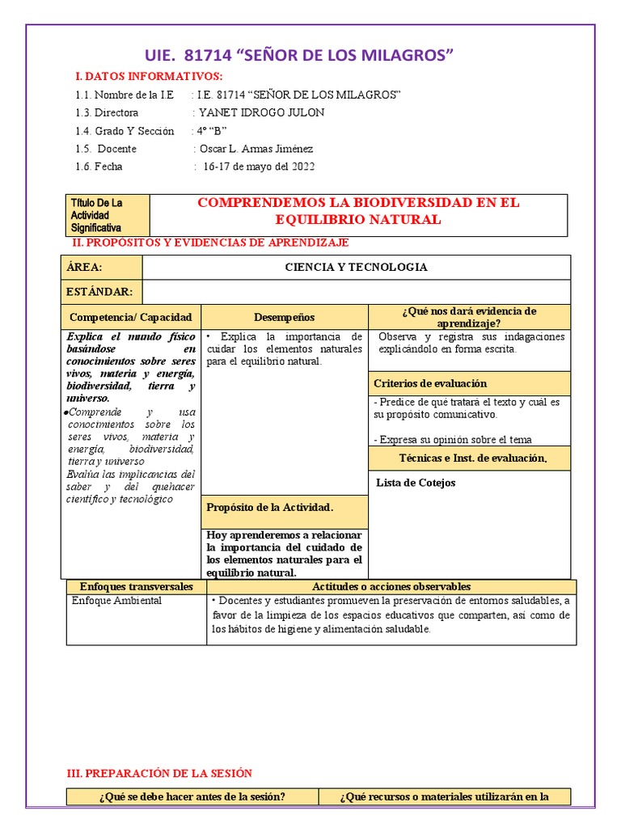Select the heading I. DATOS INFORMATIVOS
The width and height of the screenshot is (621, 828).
(x=148, y=76)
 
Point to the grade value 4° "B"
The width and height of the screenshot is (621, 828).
(x=211, y=131)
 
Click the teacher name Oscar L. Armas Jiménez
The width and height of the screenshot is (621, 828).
(x=256, y=149)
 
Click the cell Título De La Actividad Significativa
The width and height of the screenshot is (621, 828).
(x=108, y=215)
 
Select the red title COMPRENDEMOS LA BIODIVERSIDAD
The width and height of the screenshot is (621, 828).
(x=359, y=211)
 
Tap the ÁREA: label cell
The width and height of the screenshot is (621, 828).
(x=103, y=268)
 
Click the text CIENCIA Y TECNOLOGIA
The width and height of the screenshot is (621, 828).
(x=357, y=268)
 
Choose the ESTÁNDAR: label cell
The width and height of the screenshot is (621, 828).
(x=103, y=292)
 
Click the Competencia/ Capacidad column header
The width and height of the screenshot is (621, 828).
(x=131, y=317)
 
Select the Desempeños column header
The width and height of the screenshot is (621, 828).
(x=284, y=317)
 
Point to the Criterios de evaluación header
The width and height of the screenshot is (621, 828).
(x=430, y=383)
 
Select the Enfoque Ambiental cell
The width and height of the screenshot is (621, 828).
(x=116, y=601)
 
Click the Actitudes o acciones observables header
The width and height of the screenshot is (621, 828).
(x=391, y=586)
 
